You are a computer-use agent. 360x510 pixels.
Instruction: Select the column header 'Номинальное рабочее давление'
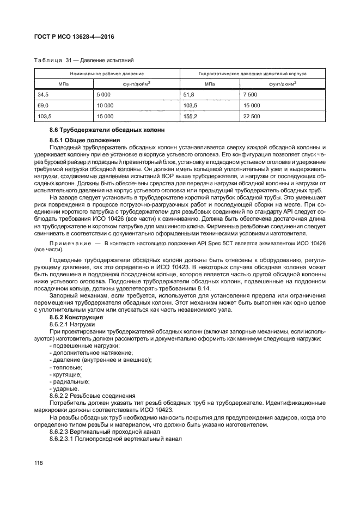point(107,73)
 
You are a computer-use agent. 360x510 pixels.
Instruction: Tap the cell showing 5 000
point(104,94)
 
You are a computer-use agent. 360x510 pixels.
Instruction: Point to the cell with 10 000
point(105,105)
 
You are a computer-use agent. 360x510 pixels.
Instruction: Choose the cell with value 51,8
point(190,94)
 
